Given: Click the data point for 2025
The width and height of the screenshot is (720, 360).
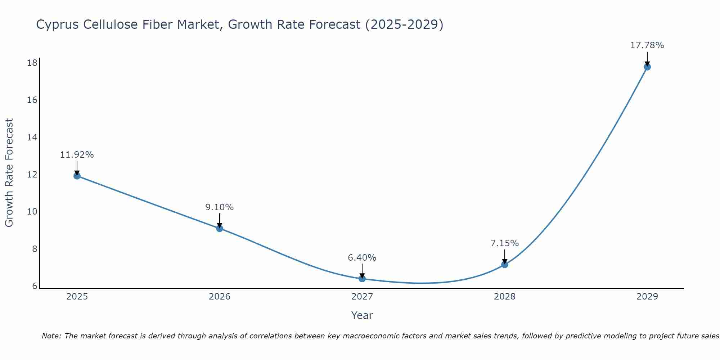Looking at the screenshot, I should tap(77, 176).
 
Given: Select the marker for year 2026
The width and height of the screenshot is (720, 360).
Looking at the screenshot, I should tap(220, 228).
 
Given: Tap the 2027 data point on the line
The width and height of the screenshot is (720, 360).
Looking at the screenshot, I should tap(362, 279).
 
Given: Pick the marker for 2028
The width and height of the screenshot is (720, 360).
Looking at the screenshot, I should tap(505, 265).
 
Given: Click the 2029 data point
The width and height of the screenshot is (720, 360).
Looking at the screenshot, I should tap(647, 67).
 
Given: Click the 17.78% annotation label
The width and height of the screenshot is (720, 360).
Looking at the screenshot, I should tap(647, 45).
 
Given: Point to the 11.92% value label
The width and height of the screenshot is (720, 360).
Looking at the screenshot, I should tap(77, 155).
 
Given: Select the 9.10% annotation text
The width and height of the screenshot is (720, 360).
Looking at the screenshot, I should tap(220, 207).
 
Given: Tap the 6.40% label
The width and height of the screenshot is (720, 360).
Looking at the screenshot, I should tap(362, 258).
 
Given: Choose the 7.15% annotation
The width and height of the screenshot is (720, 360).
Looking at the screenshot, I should tap(505, 243).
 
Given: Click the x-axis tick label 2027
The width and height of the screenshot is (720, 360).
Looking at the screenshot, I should tap(362, 297).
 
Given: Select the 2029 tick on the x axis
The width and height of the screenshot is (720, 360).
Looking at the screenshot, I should tap(647, 297).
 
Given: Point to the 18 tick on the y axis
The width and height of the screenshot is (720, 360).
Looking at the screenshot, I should tap(32, 63).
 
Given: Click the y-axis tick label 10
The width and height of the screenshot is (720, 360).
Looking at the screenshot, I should tap(32, 212).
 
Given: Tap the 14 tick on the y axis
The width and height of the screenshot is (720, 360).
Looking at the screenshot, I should tap(32, 138).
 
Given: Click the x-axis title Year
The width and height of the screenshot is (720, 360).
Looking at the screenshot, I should tap(362, 315).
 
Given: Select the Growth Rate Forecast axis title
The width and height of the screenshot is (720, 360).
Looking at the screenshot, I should tap(9, 173).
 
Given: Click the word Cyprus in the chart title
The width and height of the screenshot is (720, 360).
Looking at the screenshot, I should tap(58, 24).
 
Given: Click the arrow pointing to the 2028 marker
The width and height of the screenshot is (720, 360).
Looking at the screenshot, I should tap(505, 256).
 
